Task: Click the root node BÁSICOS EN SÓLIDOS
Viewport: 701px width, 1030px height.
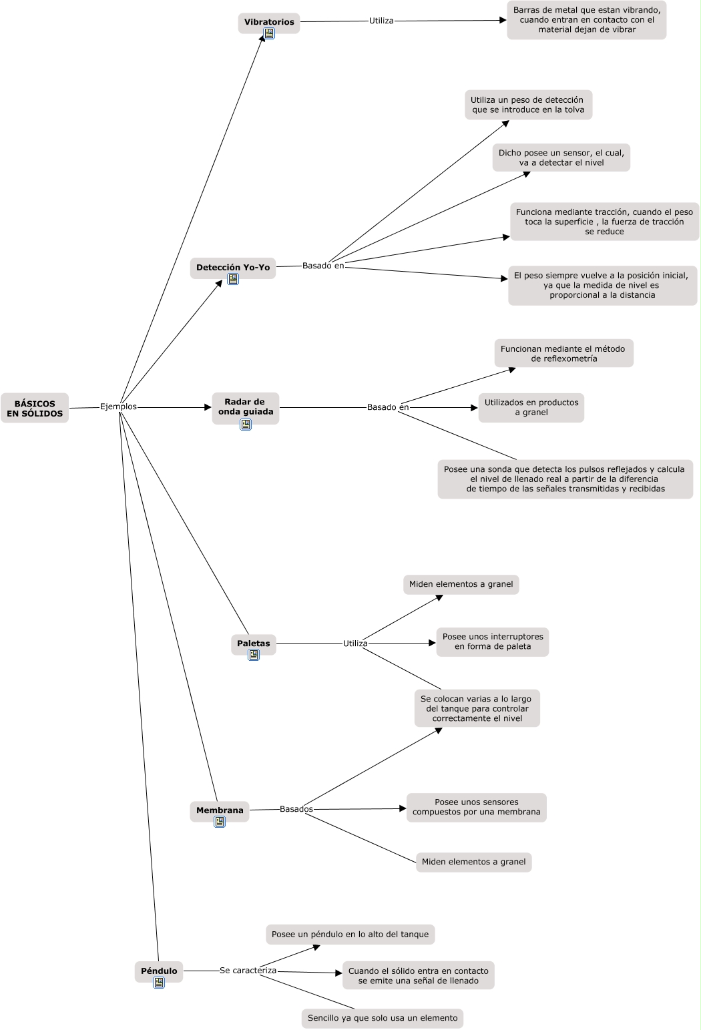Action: pos(35,408)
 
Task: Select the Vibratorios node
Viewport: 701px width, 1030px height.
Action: pos(269,23)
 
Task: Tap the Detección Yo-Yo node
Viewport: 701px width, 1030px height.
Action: pos(233,268)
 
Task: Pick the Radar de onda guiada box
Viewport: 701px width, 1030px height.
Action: pos(246,408)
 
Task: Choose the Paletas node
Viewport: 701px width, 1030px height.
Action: pos(254,644)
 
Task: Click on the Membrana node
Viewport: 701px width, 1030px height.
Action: pos(220,812)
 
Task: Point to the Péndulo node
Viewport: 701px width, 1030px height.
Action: pos(159,972)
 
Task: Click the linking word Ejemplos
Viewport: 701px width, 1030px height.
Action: pos(118,407)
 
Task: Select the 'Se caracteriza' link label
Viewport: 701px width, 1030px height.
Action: pos(248,970)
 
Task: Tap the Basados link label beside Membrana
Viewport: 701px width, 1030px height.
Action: pos(296,809)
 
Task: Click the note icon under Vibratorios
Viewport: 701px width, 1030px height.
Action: pos(269,33)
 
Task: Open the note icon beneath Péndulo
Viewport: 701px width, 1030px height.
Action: pos(159,982)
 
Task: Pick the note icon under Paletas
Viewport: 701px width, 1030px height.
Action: pos(254,655)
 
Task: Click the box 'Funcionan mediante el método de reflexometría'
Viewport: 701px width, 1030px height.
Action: pos(564,354)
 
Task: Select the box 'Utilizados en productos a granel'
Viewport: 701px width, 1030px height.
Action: pos(531,407)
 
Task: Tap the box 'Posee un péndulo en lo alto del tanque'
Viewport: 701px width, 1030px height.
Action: pos(350,935)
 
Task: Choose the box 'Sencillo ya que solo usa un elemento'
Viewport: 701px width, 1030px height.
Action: pos(383,1018)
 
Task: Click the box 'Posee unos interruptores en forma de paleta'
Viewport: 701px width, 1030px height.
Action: pos(493,641)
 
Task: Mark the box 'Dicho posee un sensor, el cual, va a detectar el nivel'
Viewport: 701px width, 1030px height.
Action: pos(561,158)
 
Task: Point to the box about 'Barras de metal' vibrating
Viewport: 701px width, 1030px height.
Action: pos(586,20)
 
